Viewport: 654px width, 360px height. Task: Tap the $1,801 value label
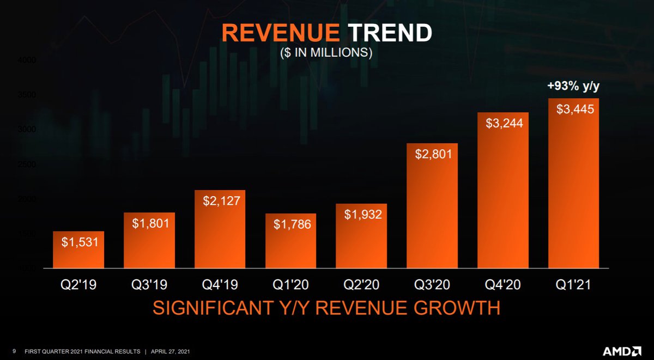(149, 223)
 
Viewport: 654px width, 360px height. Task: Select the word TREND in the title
(389, 33)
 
